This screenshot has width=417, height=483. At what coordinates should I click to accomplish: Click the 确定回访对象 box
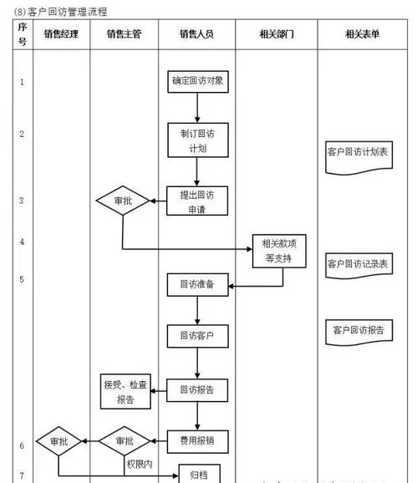[196, 82]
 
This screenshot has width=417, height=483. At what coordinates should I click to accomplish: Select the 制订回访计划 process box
[196, 140]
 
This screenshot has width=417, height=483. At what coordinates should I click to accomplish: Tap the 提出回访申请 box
[196, 201]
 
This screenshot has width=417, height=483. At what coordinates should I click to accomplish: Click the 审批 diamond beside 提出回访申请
[122, 201]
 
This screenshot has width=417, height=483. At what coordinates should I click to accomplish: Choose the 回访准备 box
[196, 285]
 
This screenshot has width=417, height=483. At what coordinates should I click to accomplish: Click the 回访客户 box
[196, 337]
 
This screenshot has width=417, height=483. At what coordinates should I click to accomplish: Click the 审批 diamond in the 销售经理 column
[58, 440]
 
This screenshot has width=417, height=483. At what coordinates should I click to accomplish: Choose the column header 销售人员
[196, 34]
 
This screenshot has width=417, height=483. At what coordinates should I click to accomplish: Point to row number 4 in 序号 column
[22, 242]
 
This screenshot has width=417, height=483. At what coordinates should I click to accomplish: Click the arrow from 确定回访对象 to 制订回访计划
[196, 107]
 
